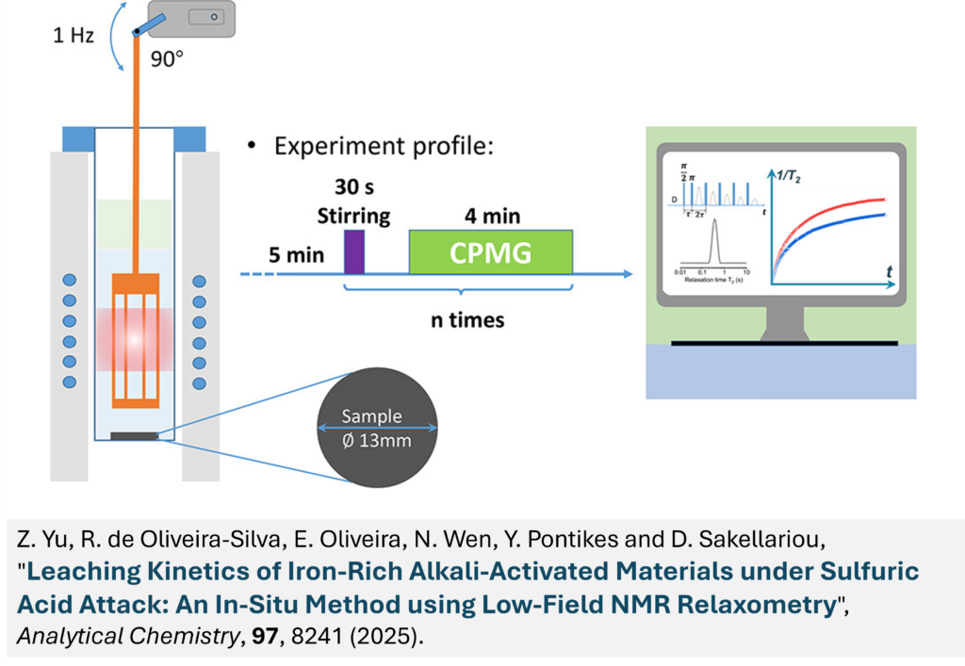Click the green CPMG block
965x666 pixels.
coord(490,252)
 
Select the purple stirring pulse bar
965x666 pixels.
coord(354,252)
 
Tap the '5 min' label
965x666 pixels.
coord(296,254)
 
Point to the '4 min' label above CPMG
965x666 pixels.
coord(490,216)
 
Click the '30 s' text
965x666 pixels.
coord(353,189)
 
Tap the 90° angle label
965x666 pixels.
coord(167,58)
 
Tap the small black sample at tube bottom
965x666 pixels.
coord(134,435)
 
